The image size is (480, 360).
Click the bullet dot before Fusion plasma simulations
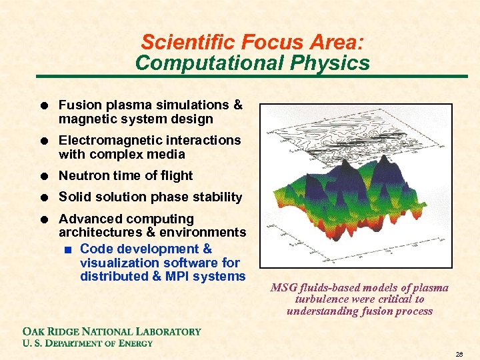(x=43, y=105)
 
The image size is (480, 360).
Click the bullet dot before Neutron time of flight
(x=43, y=176)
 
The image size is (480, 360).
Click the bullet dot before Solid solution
(x=43, y=197)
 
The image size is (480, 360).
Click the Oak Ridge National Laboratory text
(x=111, y=331)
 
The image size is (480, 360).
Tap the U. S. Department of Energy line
(x=87, y=343)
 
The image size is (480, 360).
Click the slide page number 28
(x=458, y=353)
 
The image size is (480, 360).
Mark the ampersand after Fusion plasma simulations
(x=237, y=105)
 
